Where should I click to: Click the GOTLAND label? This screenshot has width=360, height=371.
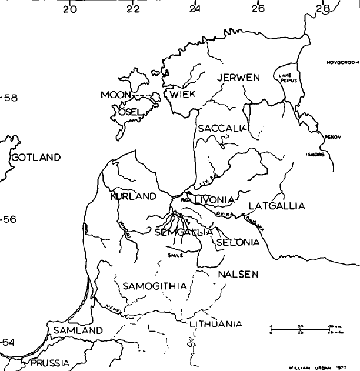pos(36,158)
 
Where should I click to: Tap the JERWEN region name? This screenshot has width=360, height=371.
pos(238,78)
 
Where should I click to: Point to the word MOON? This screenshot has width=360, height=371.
pos(115,95)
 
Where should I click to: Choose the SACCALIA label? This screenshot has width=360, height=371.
pos(222,128)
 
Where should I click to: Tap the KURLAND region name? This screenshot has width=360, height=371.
pos(133,196)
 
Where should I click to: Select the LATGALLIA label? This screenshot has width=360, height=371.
pos(277,206)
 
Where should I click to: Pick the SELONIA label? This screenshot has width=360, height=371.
pos(238,242)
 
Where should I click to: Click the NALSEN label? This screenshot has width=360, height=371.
pos(238,275)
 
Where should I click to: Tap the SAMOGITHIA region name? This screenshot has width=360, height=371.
pos(155,286)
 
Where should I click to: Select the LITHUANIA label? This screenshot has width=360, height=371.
pos(215,324)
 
